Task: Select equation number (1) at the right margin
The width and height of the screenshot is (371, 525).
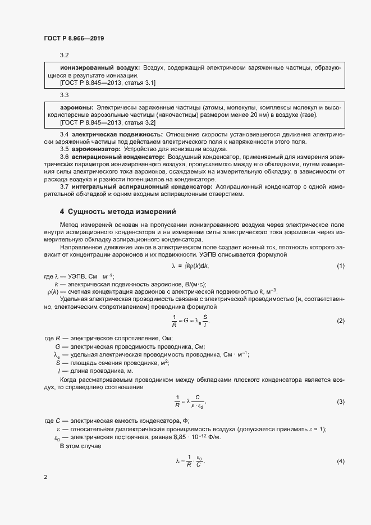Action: coord(340,265)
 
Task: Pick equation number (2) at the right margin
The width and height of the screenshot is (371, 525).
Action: coord(340,321)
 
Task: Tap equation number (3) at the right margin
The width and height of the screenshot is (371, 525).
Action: coord(340,402)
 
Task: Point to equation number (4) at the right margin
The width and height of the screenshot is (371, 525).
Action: coord(340,461)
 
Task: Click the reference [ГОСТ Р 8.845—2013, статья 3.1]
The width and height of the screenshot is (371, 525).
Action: coord(108,83)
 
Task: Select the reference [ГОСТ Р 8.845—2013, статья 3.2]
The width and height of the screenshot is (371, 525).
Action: coord(108,122)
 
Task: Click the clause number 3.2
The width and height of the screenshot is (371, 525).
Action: coord(64,55)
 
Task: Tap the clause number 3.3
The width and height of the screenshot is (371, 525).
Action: coord(64,95)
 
